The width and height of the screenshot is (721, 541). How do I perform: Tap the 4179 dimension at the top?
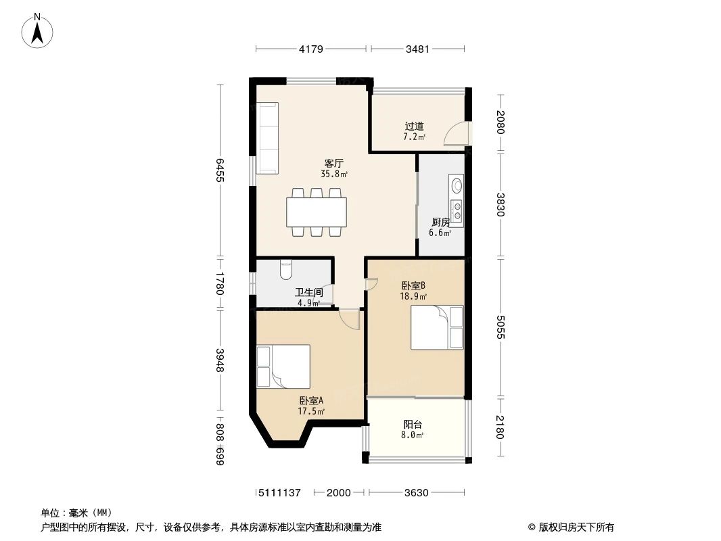[311, 49]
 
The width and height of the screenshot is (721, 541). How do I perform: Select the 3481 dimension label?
[417, 49]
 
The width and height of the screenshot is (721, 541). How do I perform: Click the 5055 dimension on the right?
[501, 327]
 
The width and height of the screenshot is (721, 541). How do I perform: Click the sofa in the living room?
[267, 138]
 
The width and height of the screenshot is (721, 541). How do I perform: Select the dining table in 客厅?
[317, 212]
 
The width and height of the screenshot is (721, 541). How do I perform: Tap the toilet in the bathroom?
[285, 269]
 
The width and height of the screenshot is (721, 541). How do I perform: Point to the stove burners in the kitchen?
[457, 211]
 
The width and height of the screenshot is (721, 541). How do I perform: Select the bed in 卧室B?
[438, 327]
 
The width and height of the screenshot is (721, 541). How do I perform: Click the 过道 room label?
[414, 126]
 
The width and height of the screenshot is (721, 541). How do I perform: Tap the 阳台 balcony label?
[413, 425]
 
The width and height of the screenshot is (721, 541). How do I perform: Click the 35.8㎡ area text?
[334, 174]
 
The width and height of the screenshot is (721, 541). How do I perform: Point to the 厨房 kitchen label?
[440, 222]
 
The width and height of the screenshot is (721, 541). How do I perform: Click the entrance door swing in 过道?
[455, 135]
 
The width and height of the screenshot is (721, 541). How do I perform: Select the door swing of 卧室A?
[350, 319]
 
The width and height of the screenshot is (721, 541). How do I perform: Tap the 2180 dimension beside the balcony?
[501, 427]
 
